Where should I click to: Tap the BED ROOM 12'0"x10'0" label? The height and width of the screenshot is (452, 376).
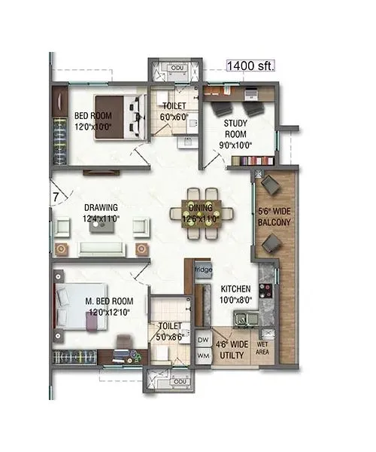pos(92,121)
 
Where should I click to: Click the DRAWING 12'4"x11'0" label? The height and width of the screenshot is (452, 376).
pos(99,212)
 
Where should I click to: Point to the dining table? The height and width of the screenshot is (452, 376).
pos(201,213)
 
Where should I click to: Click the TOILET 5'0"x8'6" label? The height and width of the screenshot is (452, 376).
pos(169,332)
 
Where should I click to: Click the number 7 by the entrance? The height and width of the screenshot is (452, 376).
pos(55,197)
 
